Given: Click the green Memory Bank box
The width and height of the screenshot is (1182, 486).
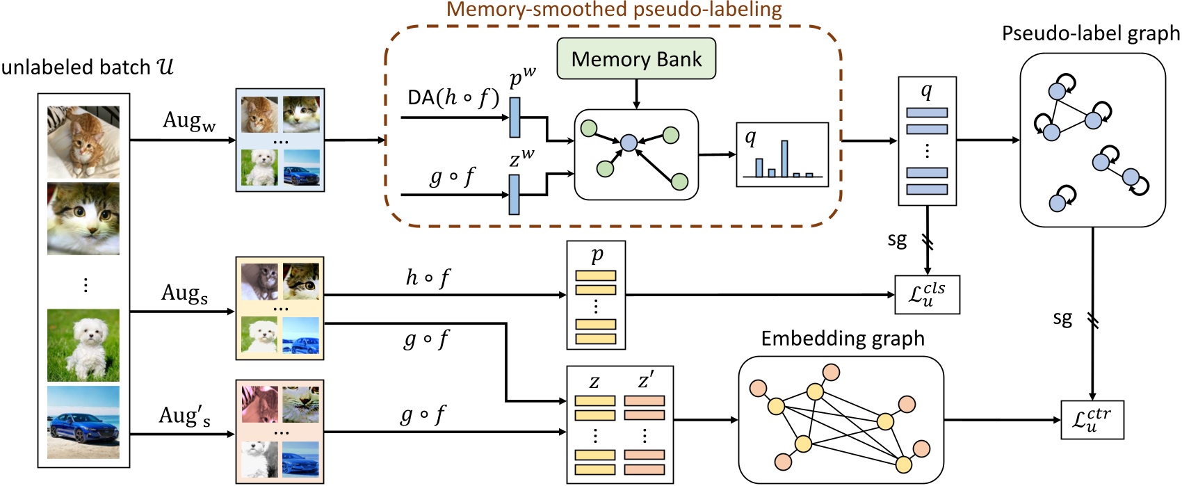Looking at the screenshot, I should click(x=636, y=59).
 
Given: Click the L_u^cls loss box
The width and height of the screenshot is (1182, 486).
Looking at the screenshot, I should click(x=927, y=295).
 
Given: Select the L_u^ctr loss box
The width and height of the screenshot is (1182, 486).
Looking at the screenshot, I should click(x=1092, y=419).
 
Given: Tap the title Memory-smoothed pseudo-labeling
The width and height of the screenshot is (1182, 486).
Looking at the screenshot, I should click(x=614, y=10).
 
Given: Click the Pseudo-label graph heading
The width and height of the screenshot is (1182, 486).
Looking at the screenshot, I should click(x=1090, y=33).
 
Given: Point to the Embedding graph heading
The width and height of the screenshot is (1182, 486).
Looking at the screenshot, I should click(x=843, y=339).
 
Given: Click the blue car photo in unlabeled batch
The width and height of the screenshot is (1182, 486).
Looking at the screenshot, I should click(x=83, y=421).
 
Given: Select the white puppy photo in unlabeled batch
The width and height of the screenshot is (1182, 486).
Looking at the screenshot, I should click(x=83, y=345).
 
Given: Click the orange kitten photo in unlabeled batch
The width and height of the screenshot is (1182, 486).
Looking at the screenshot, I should click(x=83, y=142).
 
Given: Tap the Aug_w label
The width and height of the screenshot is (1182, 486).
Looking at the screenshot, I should click(x=189, y=121).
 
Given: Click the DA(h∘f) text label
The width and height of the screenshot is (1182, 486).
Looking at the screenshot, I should click(x=453, y=98).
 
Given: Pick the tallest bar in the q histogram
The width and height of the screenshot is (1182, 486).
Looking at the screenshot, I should click(x=784, y=159).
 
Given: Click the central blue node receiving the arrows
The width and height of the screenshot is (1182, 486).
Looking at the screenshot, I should click(x=629, y=143).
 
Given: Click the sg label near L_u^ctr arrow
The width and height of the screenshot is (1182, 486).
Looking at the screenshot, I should click(x=1062, y=318).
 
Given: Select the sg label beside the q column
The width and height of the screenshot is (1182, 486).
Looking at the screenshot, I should click(x=897, y=240).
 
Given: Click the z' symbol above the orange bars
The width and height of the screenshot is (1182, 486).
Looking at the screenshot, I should click(x=645, y=380).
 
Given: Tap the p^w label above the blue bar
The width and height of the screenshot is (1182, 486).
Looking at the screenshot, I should click(x=522, y=78).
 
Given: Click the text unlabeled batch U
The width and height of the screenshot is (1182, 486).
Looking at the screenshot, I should click(x=87, y=67).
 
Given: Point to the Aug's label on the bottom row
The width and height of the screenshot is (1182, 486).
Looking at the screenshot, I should click(x=184, y=416).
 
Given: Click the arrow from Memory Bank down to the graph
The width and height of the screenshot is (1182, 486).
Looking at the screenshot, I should click(x=636, y=94).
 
